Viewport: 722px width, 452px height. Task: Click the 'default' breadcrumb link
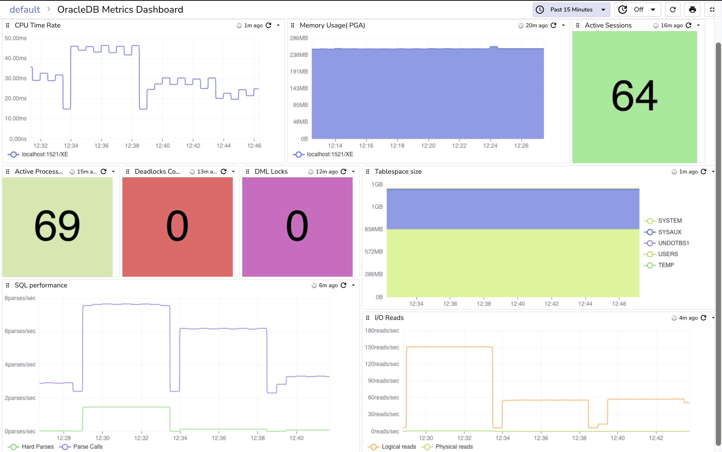pyautogui.click(x=25, y=10)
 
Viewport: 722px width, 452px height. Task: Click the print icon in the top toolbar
pyautogui.click(x=692, y=10)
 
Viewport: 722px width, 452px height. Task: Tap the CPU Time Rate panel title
pyautogui.click(x=38, y=25)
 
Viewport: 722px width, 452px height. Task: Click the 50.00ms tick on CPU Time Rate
pyautogui.click(x=16, y=38)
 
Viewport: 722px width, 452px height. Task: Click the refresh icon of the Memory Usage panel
pyautogui.click(x=553, y=25)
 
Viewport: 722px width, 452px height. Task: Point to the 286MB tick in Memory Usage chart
pyautogui.click(x=298, y=38)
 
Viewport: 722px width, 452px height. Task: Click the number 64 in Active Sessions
pyautogui.click(x=634, y=96)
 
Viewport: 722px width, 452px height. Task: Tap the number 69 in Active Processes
pyautogui.click(x=57, y=226)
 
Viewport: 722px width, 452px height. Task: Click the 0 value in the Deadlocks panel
pyautogui.click(x=177, y=226)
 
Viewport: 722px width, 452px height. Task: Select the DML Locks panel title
pyautogui.click(x=271, y=172)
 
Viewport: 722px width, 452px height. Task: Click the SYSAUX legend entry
pyautogui.click(x=669, y=232)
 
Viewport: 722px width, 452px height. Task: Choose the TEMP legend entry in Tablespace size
pyautogui.click(x=666, y=265)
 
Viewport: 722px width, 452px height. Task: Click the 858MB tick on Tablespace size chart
pyautogui.click(x=373, y=229)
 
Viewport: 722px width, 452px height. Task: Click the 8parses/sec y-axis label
pyautogui.click(x=20, y=298)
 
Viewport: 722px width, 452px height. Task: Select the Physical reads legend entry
pyautogui.click(x=454, y=447)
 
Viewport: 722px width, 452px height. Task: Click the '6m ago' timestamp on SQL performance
pyautogui.click(x=328, y=285)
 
